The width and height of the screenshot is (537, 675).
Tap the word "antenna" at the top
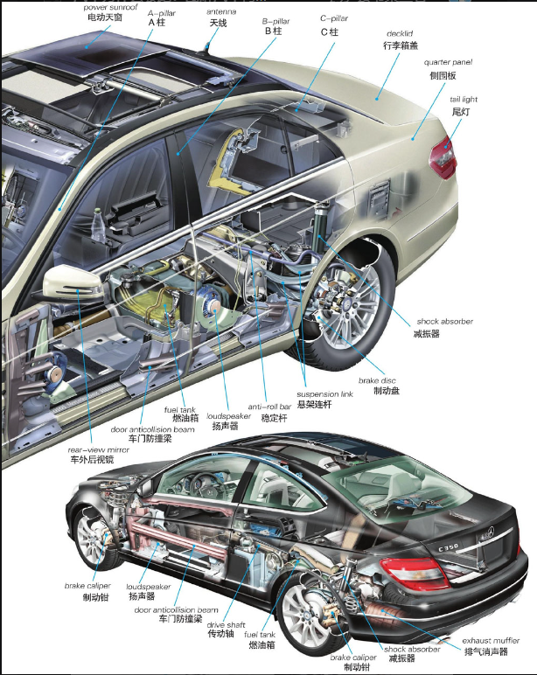point(220,11)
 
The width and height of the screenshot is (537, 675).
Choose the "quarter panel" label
point(447,63)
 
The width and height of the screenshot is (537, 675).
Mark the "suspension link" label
point(324,395)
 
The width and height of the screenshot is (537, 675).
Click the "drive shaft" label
point(227,624)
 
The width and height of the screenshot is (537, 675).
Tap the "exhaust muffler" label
point(491,640)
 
